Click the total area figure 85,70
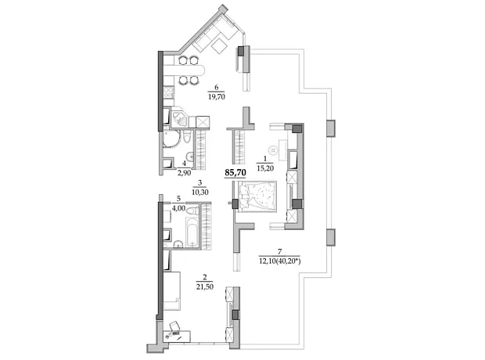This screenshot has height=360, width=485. tap(235, 172)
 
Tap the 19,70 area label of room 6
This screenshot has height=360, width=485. tap(217, 96)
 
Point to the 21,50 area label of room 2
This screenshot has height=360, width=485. tap(205, 286)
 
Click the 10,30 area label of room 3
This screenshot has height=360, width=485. tap(199, 192)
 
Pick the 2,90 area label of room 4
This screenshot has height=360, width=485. tap(184, 172)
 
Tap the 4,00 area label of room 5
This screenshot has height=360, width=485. tap(178, 208)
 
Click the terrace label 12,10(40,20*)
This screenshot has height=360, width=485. tap(280, 261)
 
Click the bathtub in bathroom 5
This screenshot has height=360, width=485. tap(192, 232)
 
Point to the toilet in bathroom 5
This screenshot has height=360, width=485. tap(192, 211)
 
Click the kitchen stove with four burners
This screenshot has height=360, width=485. tap(168, 92)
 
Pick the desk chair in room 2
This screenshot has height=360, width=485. tap(174, 326)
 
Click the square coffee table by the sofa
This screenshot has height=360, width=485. tap(220, 46)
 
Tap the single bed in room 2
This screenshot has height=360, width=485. tap(171, 291)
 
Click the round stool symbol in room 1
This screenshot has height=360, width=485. tap(274, 150)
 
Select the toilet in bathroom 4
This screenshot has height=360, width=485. tap(186, 136)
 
